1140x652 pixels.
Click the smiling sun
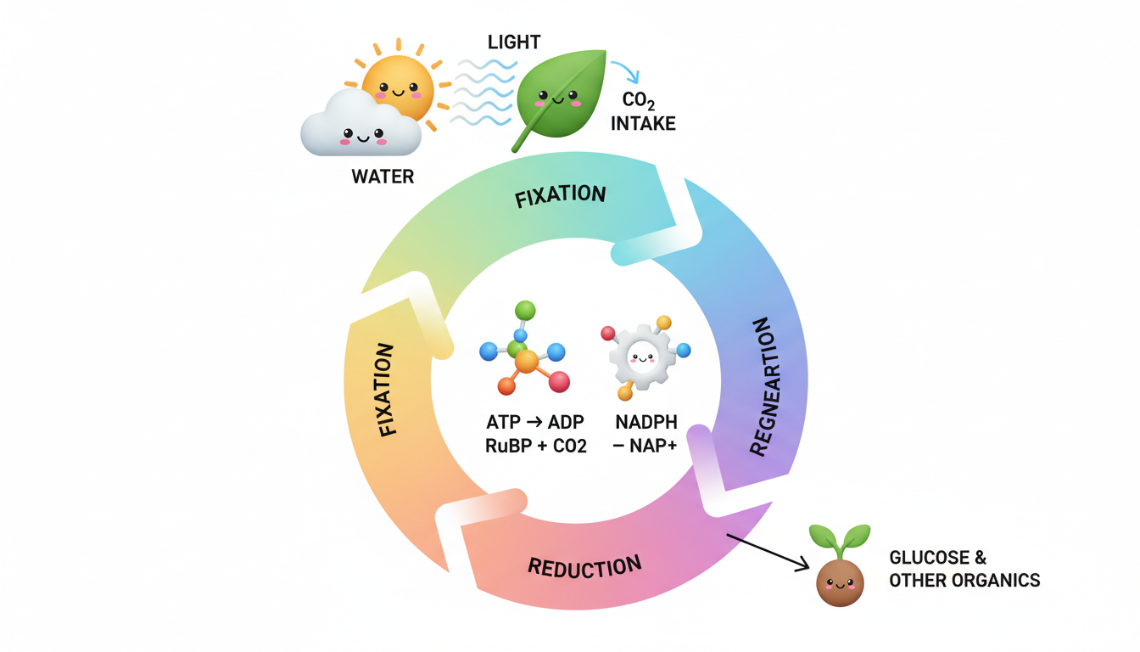pyautogui.click(x=397, y=87)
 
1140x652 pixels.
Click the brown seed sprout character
pyautogui.click(x=839, y=579)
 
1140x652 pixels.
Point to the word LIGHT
pyautogui.click(x=514, y=42)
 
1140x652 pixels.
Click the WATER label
pyautogui.click(x=383, y=177)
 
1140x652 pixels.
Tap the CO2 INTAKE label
pyautogui.click(x=649, y=112)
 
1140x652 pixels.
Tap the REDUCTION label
pyautogui.click(x=584, y=565)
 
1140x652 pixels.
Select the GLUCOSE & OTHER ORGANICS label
pyautogui.click(x=964, y=569)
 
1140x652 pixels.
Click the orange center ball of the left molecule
pyautogui.click(x=527, y=363)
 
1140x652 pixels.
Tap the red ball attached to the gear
pyautogui.click(x=607, y=333)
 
